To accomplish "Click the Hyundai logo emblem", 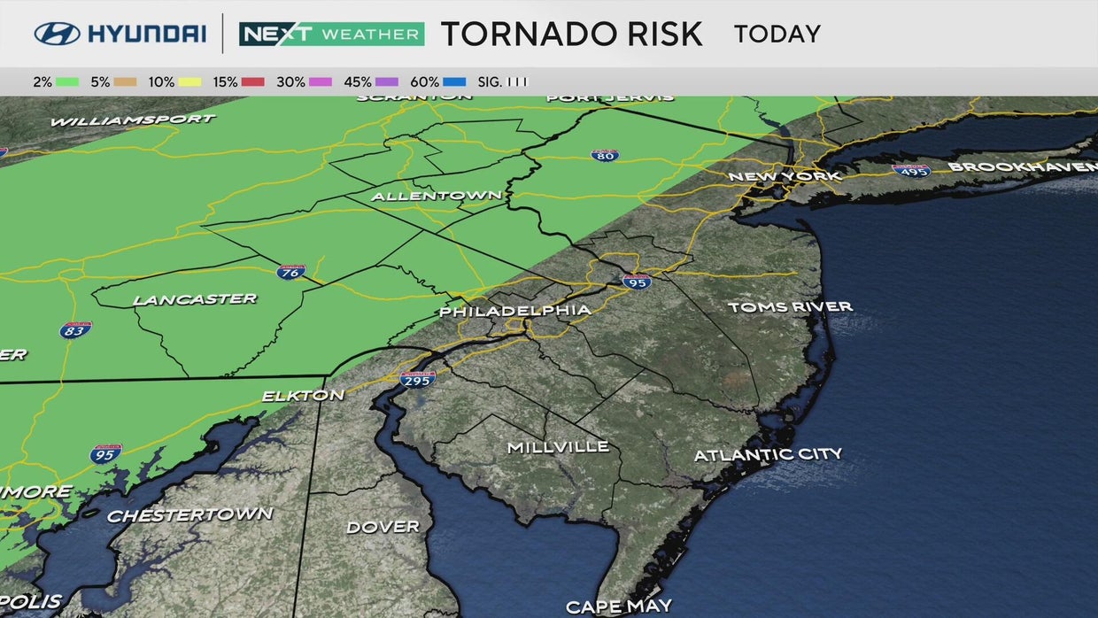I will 58,34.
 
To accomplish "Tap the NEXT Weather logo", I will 331,34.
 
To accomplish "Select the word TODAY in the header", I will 777,35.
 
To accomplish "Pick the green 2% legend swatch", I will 67,82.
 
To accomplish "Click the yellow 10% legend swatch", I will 191,82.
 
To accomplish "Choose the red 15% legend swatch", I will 253,82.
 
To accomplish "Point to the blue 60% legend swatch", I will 454,82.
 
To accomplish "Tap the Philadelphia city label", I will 514,311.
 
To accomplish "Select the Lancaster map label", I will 195,299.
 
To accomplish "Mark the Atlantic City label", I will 768,455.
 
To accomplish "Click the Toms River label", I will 790,306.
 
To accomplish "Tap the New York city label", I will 784,176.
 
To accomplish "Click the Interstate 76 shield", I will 290,272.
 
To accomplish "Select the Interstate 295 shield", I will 417,379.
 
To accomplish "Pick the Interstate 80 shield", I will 604,155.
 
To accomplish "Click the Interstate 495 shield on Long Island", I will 911,170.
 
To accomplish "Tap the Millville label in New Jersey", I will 558,447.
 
